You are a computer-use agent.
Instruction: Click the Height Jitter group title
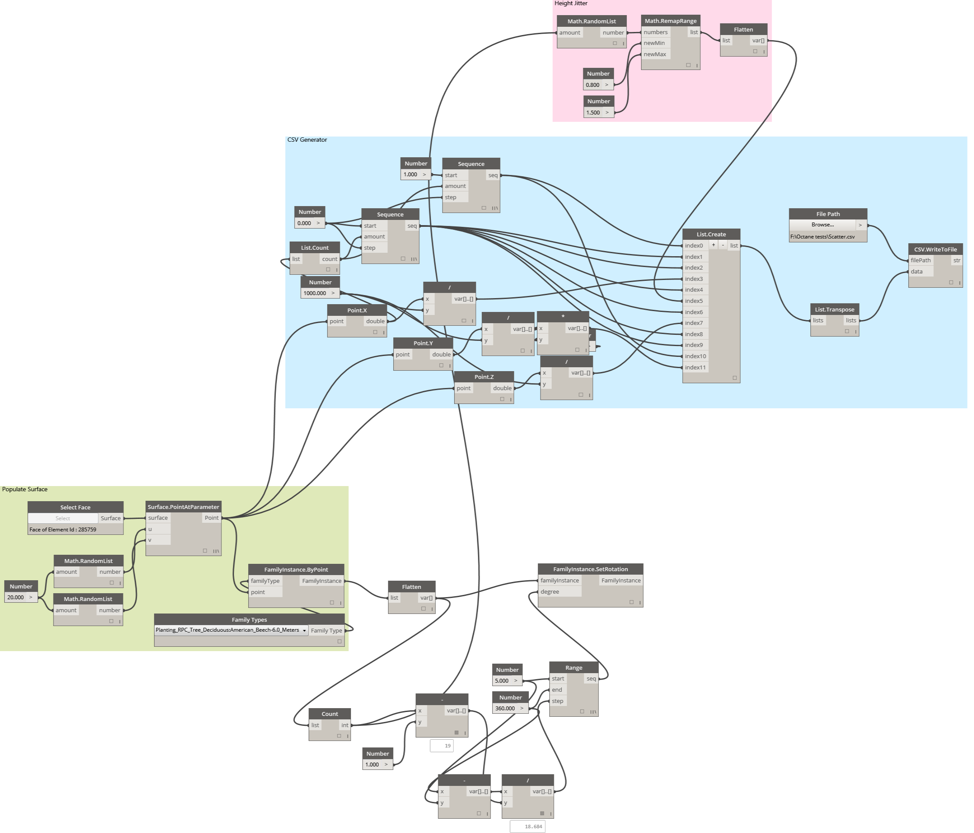click(x=571, y=3)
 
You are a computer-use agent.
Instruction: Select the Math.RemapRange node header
click(x=670, y=21)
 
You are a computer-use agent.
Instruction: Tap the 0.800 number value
click(x=592, y=85)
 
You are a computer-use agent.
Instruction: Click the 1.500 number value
click(x=593, y=112)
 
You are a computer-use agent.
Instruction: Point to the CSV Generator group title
click(x=307, y=140)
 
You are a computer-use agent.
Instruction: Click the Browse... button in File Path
click(x=822, y=225)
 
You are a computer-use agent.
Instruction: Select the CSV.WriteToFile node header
click(x=935, y=249)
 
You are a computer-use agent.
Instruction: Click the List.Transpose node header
click(x=835, y=309)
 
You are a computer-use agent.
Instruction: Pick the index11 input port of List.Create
click(x=695, y=367)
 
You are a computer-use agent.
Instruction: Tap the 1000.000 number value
click(x=314, y=293)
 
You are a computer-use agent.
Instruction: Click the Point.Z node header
click(x=484, y=377)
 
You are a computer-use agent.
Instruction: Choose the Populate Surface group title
click(x=25, y=489)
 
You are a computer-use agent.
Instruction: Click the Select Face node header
click(x=75, y=507)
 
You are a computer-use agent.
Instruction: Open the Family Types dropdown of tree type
click(x=231, y=630)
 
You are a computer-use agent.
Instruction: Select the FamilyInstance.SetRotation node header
click(x=590, y=569)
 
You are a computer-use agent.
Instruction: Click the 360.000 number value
click(x=505, y=709)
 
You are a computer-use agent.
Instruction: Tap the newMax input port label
click(x=655, y=54)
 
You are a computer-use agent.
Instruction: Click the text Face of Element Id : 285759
click(x=63, y=530)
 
